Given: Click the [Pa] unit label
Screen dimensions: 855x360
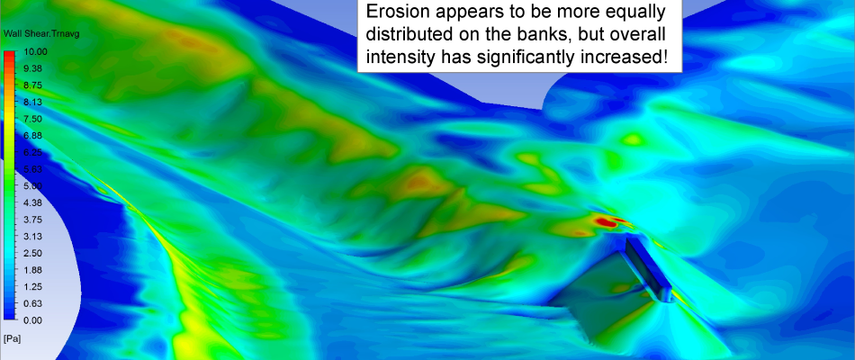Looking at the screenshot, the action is pyautogui.click(x=12, y=339).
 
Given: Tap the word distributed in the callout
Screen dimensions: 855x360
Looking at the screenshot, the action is pyautogui.click(x=406, y=34).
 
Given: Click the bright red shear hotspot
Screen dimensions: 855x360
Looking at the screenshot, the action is pyautogui.click(x=606, y=222).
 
